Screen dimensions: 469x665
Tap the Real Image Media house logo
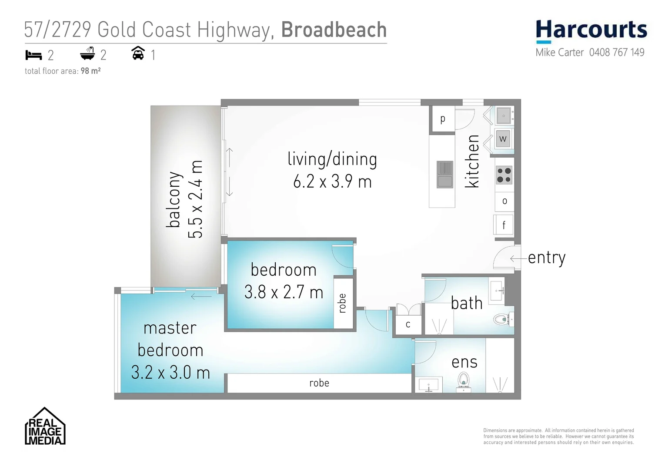point(45,427)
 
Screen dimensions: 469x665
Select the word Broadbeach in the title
point(334,30)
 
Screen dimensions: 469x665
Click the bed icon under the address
point(33,55)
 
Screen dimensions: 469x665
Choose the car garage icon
point(138,53)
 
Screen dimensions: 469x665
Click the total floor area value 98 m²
point(90,71)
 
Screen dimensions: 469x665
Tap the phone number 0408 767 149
point(616,53)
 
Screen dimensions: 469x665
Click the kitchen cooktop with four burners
point(504,175)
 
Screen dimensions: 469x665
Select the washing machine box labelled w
point(503,139)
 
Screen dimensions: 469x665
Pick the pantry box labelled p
point(442,119)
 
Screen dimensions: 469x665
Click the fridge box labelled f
point(504,225)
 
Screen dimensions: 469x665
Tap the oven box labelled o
point(505,201)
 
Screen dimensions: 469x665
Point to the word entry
point(546,258)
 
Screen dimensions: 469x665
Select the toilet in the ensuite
point(464,381)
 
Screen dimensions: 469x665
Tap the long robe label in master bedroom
point(319,383)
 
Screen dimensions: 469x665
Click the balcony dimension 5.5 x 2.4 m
point(195,199)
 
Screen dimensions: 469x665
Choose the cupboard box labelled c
point(408,324)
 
